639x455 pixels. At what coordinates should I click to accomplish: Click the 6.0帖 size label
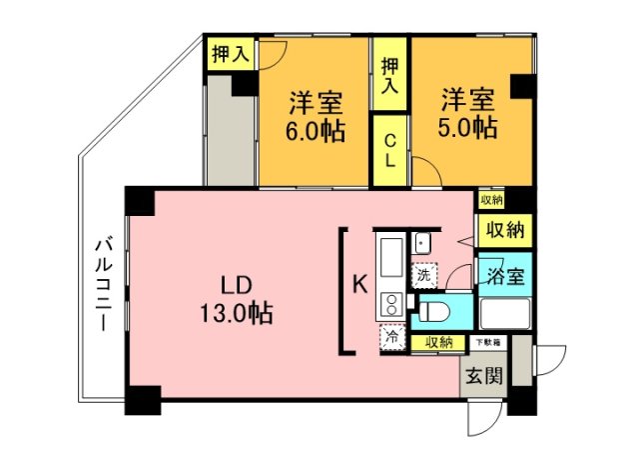point(317,131)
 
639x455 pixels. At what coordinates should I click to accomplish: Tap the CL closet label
point(389,151)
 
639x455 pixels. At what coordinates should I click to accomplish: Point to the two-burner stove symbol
point(389,304)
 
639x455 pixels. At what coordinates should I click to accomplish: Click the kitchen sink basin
point(389,256)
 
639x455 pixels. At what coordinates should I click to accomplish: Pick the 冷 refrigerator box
point(393,338)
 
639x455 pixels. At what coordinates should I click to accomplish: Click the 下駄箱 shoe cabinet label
point(488,342)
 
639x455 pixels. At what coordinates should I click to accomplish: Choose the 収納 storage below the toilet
point(438,342)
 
